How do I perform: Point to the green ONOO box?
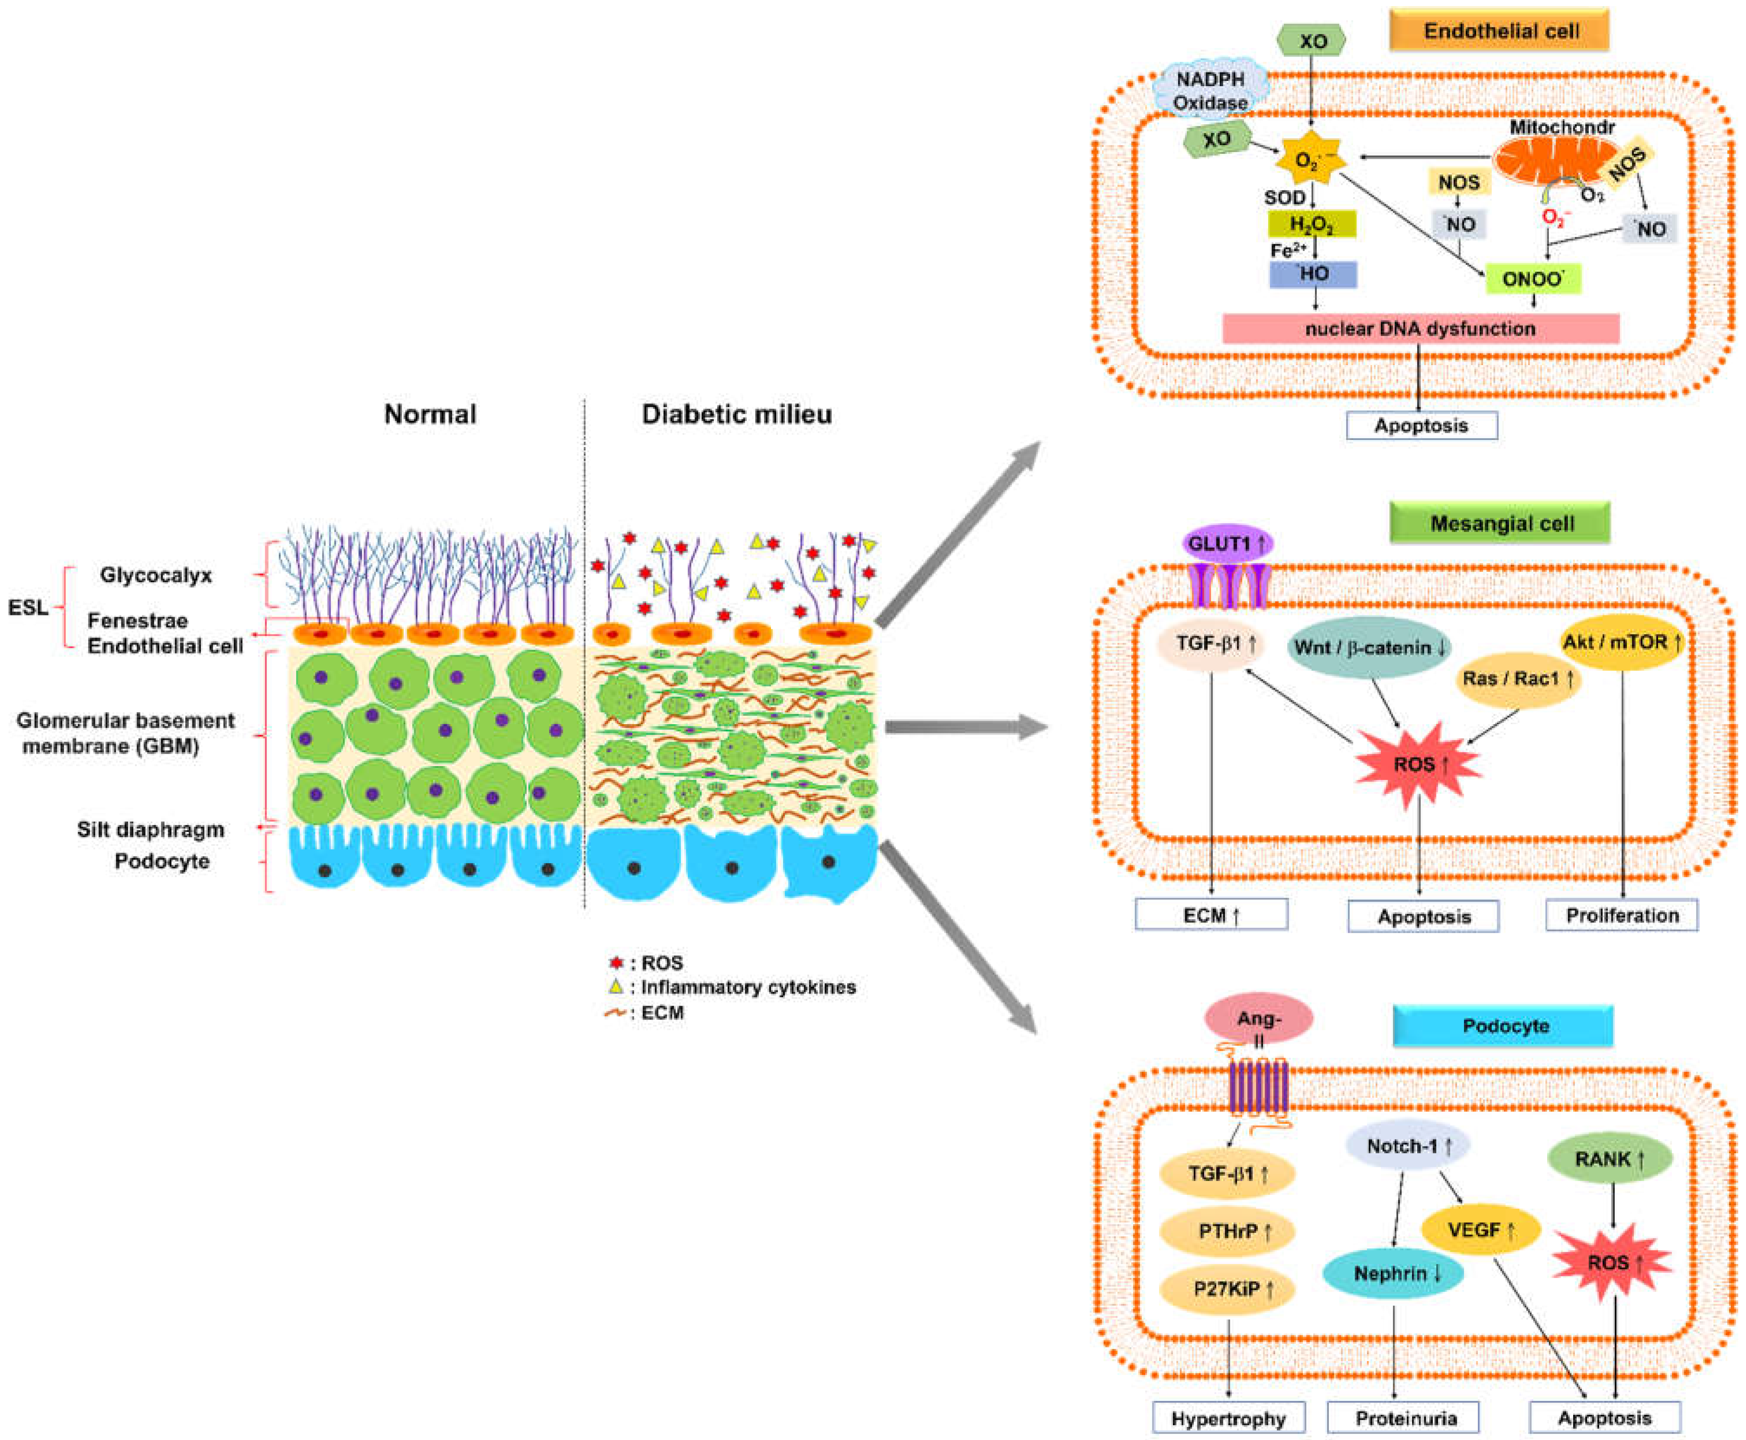[1533, 279]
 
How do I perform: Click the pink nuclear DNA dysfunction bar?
[1421, 328]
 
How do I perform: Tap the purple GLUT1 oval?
[1228, 544]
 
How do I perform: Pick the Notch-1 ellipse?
[1408, 1146]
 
